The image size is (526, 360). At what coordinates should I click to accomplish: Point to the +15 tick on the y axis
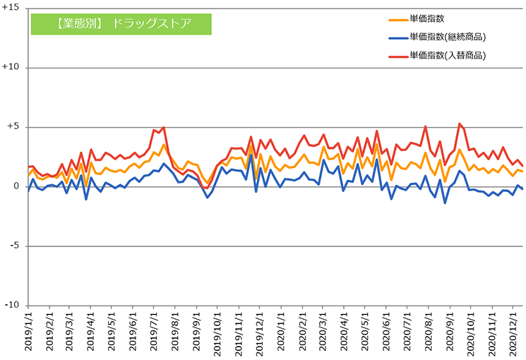click(11, 8)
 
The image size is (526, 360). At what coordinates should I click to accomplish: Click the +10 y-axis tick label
click(11, 68)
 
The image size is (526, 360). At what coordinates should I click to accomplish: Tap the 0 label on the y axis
click(17, 187)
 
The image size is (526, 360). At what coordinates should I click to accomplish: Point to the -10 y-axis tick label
click(12, 306)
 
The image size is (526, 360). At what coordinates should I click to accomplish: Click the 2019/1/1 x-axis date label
click(29, 332)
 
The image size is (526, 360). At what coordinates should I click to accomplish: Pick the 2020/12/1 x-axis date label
click(514, 332)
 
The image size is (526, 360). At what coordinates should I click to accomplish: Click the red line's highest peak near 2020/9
click(460, 124)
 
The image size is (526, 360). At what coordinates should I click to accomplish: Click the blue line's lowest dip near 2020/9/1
click(445, 203)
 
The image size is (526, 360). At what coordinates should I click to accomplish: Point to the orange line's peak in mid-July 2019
click(164, 145)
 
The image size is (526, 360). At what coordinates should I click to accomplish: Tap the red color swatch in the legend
click(398, 55)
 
